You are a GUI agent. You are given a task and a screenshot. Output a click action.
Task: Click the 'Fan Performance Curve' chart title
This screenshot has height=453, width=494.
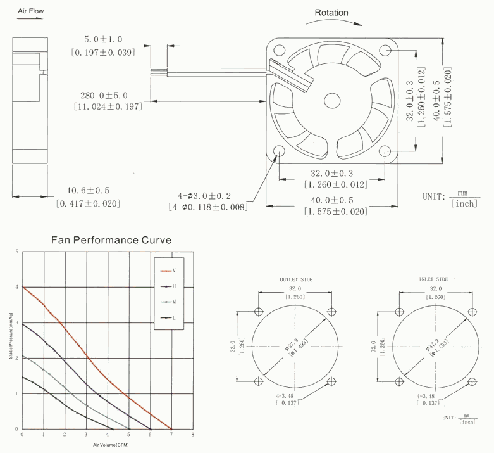tap(110, 240)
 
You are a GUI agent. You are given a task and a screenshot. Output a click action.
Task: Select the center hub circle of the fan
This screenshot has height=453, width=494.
tap(333, 100)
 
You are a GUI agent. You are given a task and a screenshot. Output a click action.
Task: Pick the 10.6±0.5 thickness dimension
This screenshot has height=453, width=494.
tap(89, 190)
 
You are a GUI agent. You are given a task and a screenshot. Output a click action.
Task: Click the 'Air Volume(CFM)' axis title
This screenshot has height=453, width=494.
tap(108, 445)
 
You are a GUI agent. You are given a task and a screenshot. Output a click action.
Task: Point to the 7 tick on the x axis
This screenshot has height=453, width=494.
tap(171, 435)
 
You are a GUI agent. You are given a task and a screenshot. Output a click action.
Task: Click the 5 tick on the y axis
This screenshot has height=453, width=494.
tap(17, 252)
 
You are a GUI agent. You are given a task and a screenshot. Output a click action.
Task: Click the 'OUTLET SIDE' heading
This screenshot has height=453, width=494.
tap(295, 279)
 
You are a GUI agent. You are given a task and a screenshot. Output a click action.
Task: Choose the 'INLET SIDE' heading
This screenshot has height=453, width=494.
tap(433, 279)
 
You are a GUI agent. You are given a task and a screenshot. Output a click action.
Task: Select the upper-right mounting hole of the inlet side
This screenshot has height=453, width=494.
tap(471, 311)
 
